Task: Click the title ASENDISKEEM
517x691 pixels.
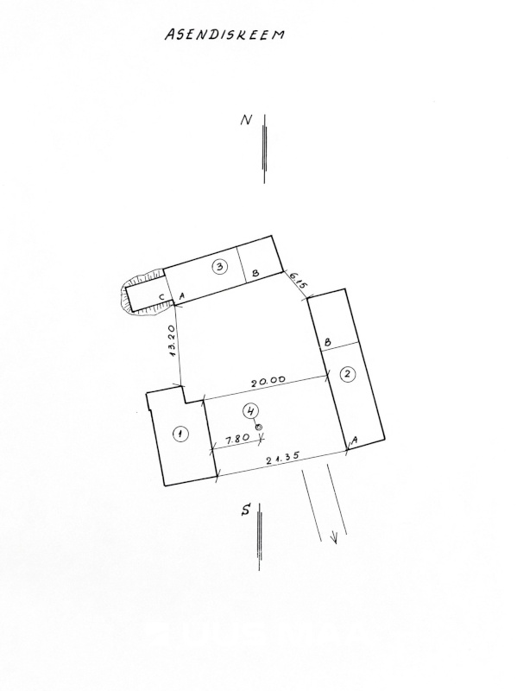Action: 224,35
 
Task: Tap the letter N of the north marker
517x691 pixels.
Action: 246,120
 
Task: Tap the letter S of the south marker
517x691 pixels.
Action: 246,510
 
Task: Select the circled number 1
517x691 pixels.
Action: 180,434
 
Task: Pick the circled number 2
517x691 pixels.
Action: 348,374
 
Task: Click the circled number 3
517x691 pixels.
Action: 220,266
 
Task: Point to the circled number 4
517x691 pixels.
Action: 250,411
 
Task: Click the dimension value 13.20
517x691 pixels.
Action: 173,340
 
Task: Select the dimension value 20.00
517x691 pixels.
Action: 268,381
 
